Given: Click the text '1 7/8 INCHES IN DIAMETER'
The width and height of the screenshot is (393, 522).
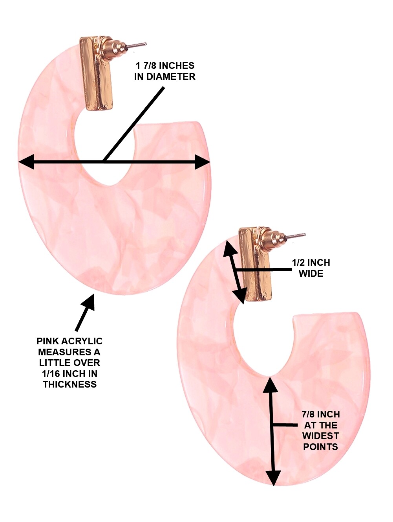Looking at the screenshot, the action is tap(165, 71).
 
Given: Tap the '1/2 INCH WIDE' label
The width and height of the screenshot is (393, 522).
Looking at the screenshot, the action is tap(311, 268).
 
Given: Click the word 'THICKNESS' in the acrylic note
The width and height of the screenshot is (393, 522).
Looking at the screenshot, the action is tap(70, 384).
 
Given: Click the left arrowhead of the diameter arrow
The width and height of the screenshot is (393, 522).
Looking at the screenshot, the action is tap(26, 162).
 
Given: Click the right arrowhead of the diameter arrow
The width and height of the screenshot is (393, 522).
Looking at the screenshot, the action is tap(202, 162).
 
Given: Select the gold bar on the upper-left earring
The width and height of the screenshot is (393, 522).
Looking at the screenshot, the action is tap(96, 74).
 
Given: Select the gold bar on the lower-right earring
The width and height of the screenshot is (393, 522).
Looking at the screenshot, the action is tap(255, 264).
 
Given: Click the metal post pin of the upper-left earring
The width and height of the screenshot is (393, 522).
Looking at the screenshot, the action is tap(136, 46).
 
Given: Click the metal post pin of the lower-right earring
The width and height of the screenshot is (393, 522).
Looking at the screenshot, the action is tap(295, 236).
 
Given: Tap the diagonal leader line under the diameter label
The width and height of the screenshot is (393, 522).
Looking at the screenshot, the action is tap(133, 124).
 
